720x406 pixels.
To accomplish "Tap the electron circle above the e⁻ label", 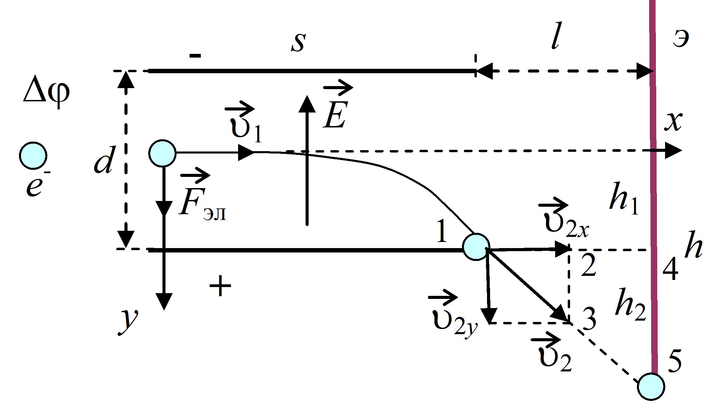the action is point(33,156).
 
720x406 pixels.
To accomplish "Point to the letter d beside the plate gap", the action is point(103,160).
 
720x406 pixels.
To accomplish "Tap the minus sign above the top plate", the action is point(195,56).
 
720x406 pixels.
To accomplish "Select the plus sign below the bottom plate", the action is point(220,286).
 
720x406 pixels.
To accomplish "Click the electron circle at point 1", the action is point(476,247).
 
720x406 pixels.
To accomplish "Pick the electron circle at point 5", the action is point(651,386).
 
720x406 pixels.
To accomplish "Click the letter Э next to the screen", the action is point(681,40).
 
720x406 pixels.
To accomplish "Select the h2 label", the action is point(630,304).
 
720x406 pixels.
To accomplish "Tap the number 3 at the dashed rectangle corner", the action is point(589,320).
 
